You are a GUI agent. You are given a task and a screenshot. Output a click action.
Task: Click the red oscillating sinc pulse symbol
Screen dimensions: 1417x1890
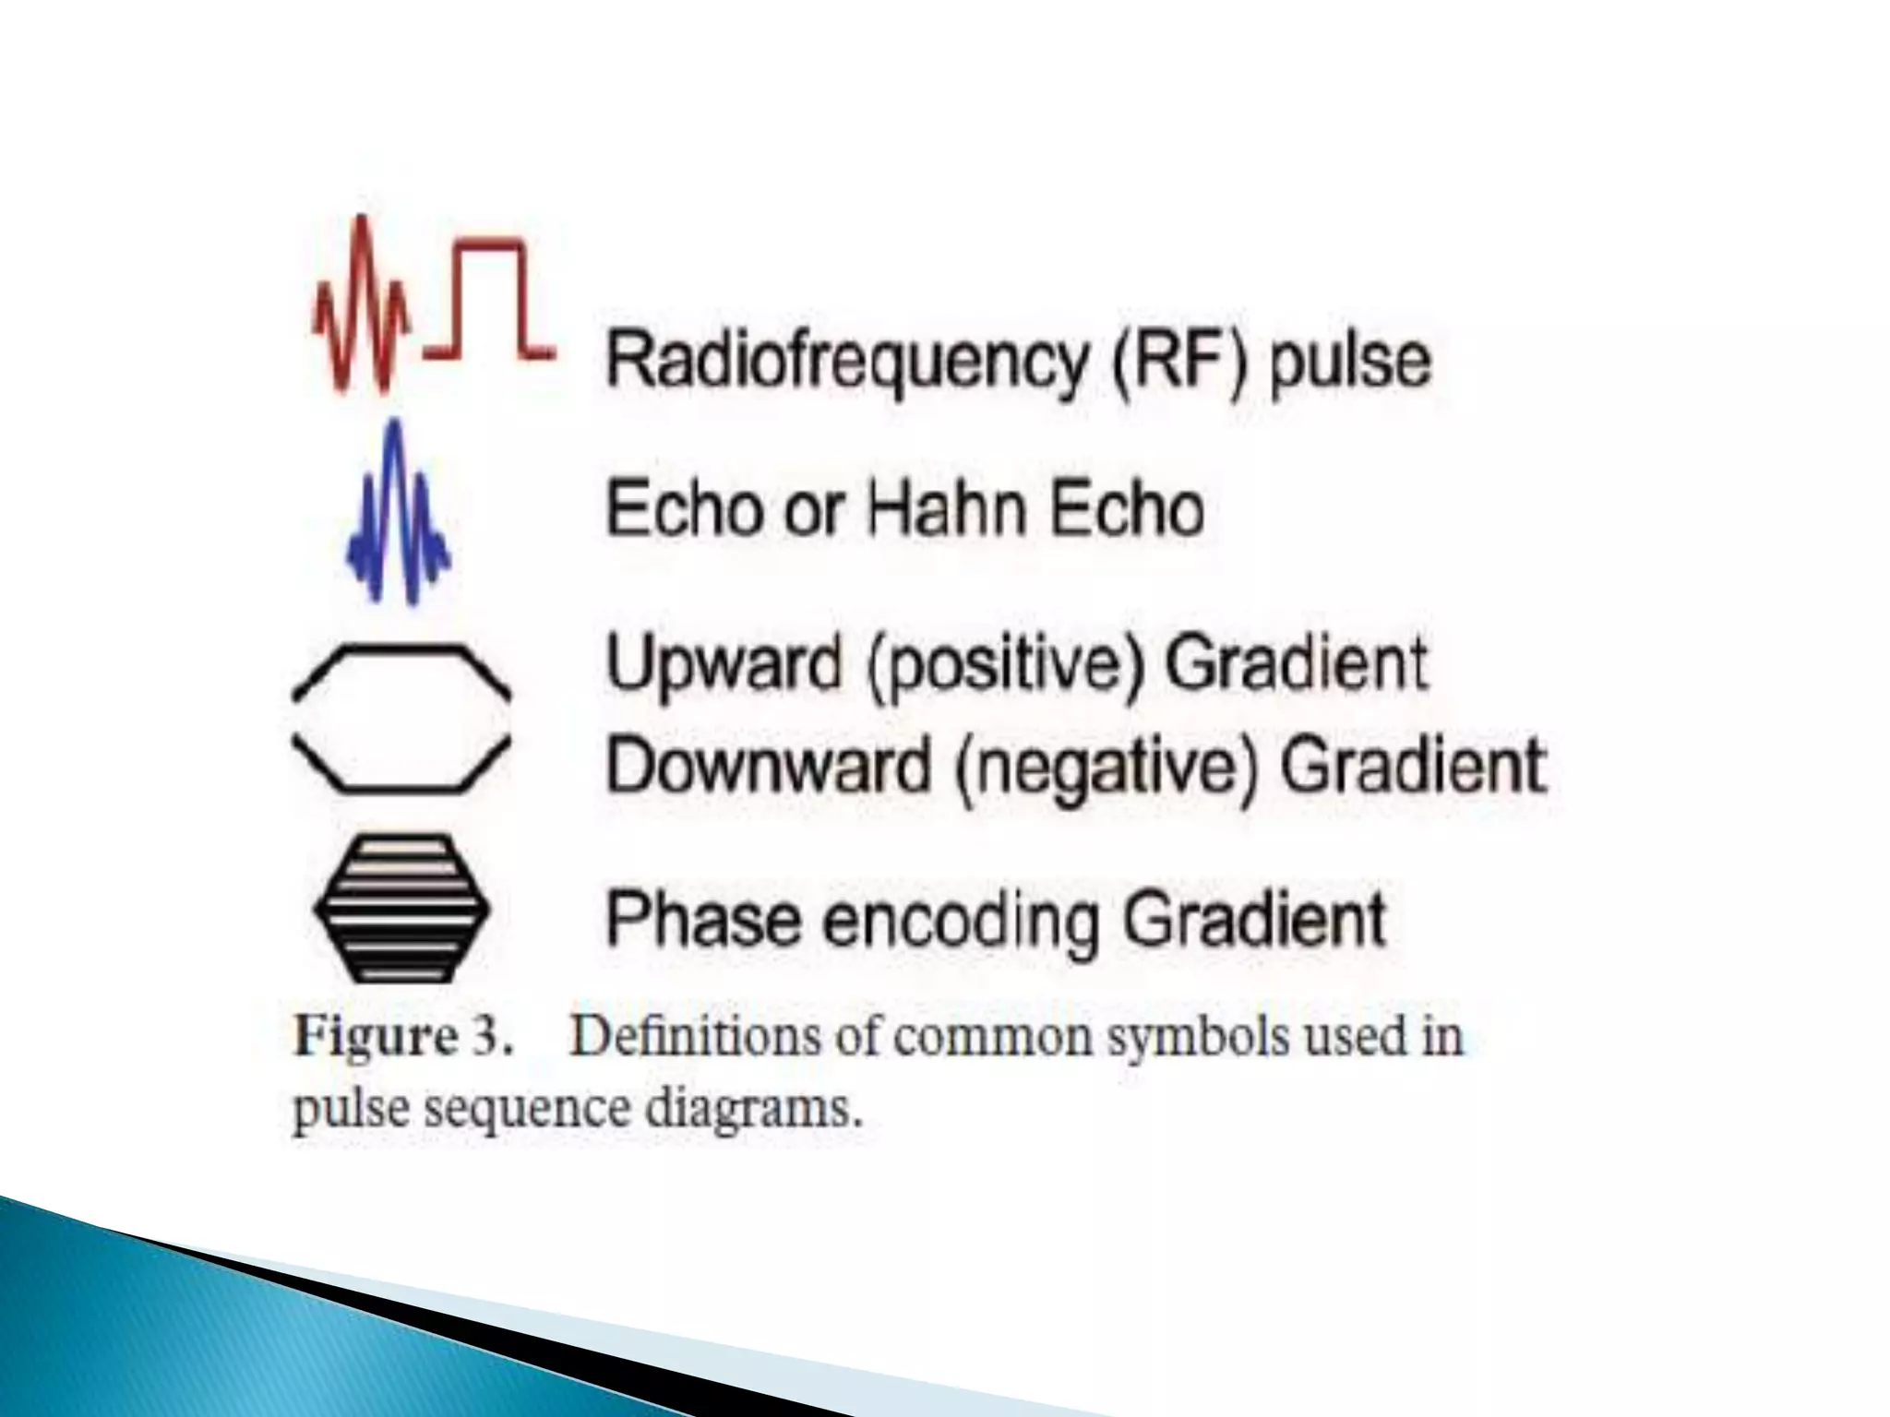click(x=363, y=304)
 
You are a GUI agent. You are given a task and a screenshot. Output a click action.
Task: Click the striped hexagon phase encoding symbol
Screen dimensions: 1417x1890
click(x=401, y=909)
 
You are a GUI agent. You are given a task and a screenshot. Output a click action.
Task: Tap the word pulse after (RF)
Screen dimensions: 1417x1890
click(x=1350, y=362)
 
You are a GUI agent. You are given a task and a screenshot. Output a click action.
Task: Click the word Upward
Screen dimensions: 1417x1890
click(x=724, y=664)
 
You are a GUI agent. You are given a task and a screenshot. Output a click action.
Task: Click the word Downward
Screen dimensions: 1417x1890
click(x=769, y=765)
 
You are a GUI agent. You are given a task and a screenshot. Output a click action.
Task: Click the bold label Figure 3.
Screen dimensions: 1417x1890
click(x=402, y=1037)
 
